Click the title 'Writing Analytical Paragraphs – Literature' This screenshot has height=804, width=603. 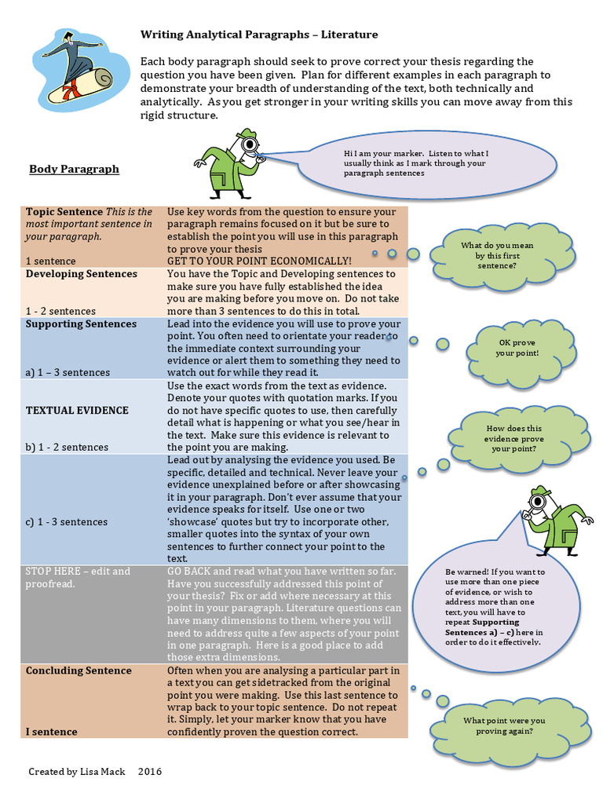click(x=258, y=35)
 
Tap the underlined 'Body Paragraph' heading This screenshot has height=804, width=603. click(x=74, y=169)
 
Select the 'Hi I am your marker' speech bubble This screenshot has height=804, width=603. click(x=415, y=163)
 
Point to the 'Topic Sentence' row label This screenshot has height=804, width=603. click(x=64, y=212)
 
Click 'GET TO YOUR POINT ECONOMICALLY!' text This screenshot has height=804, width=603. click(x=259, y=261)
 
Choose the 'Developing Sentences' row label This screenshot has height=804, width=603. click(x=82, y=274)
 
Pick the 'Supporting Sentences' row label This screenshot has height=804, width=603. click(x=81, y=324)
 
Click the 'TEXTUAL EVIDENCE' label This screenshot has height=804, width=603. click(x=77, y=410)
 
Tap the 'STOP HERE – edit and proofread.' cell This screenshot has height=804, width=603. click(x=78, y=577)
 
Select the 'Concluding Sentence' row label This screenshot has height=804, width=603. click(x=79, y=671)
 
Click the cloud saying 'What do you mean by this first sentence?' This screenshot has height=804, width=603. click(x=496, y=255)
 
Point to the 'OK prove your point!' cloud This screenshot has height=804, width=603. click(x=517, y=348)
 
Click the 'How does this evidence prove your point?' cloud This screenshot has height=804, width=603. click(x=513, y=438)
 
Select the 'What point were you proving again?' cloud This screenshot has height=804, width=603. click(x=503, y=725)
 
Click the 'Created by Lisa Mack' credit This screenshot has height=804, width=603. click(x=78, y=772)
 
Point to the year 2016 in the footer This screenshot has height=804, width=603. click(x=149, y=772)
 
